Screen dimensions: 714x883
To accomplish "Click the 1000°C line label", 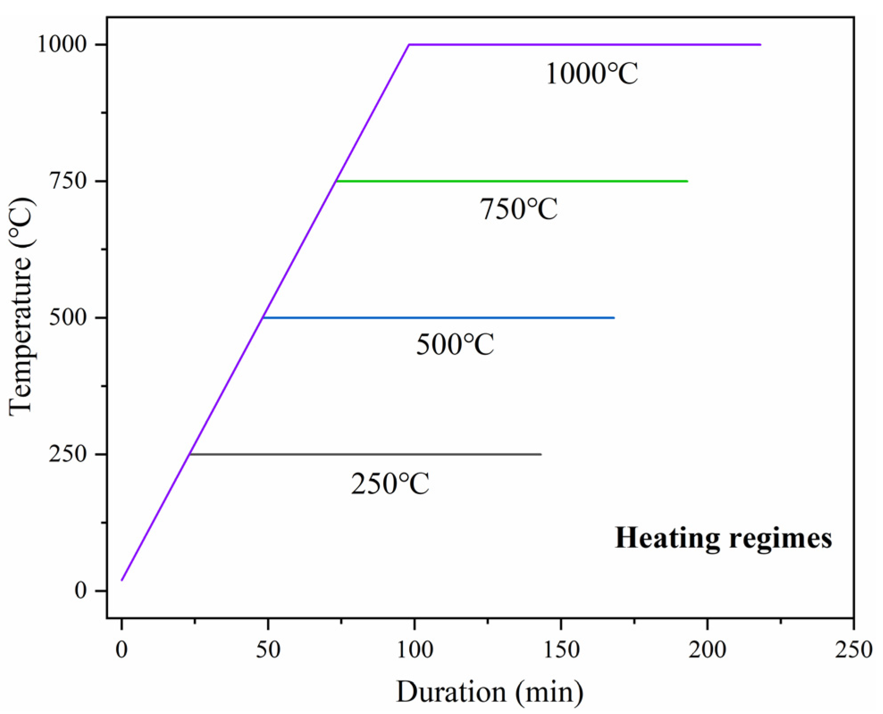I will pos(591,74).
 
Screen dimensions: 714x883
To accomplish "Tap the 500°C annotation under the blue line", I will pos(455,345).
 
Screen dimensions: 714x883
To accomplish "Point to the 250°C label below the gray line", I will pos(389,484).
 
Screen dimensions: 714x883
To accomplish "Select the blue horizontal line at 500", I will pos(438,318).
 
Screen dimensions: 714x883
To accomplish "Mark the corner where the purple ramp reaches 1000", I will pos(409,45).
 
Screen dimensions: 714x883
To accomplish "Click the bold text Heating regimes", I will pos(723,538).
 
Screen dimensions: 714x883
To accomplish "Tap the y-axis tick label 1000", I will pos(62,45).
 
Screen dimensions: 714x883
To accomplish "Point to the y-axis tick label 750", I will pos(67,181).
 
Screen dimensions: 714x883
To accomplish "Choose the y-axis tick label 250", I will pos(67,454).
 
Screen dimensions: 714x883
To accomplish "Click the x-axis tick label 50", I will pos(268,650).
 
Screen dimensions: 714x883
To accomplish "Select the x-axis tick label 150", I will pos(561,650).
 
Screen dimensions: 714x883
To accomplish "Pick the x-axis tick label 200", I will pos(707,650).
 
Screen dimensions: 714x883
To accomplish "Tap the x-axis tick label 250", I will pos(854,650).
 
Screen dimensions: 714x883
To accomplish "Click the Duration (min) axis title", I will pos(490,692).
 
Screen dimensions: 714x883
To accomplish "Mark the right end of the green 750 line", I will pos(687,181).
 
